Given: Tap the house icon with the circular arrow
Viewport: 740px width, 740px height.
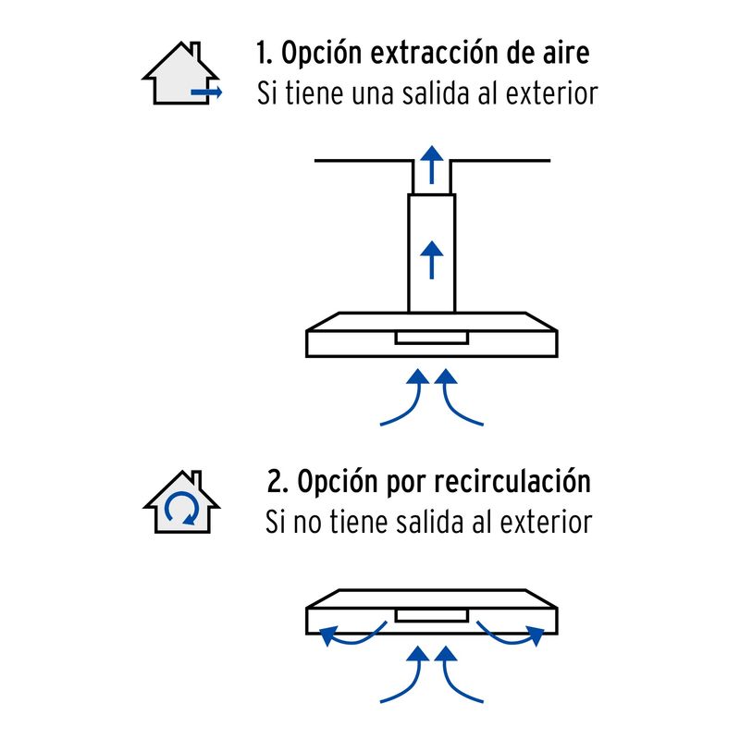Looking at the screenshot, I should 181,503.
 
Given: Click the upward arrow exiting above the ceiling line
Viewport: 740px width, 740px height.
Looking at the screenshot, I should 431,165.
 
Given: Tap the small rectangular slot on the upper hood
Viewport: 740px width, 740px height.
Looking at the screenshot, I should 431,339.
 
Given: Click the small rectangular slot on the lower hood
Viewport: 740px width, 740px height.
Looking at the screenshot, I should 431,615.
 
